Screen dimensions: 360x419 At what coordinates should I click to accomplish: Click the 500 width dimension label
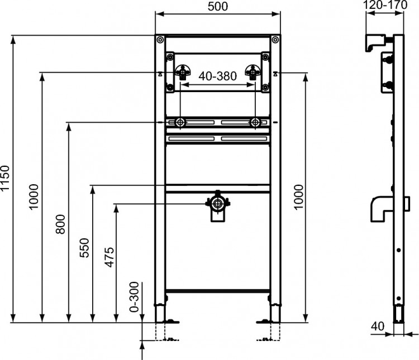pyautogui.click(x=218, y=6)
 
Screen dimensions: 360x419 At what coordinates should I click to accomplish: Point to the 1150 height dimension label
pyautogui.click(x=6, y=179)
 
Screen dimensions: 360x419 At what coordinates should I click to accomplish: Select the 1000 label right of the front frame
pyautogui.click(x=299, y=197)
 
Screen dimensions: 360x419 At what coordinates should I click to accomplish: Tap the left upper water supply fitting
pyautogui.click(x=183, y=73)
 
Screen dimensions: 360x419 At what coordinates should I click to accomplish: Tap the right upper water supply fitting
pyautogui.click(x=253, y=73)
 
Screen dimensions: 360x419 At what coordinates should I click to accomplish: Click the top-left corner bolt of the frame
pyautogui.click(x=161, y=40)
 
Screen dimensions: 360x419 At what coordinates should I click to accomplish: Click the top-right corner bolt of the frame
pyautogui.click(x=274, y=40)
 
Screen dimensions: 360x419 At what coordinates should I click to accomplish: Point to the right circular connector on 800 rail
pyautogui.click(x=255, y=122)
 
